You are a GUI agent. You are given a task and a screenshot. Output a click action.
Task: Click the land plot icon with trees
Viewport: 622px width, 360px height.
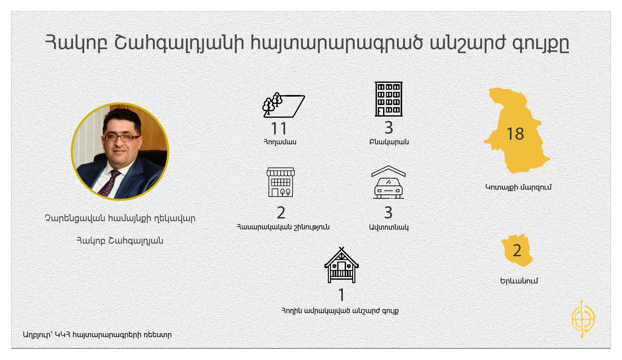[284, 105]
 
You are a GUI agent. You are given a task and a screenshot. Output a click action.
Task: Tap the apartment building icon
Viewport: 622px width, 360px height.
[388, 99]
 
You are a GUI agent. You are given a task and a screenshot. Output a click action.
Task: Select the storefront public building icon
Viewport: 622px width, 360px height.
[281, 182]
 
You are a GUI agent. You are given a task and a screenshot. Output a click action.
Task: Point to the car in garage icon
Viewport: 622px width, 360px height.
[388, 182]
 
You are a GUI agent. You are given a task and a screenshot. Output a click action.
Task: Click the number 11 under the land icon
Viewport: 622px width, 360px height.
[279, 128]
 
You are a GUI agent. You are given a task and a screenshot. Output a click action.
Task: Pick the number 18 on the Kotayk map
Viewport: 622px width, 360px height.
[515, 134]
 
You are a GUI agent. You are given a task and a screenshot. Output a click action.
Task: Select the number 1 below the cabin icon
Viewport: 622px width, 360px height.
[341, 295]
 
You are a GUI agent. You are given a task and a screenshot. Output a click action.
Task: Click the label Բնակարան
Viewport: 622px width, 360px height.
[389, 142]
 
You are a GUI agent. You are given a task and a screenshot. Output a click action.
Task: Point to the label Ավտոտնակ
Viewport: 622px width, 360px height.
[389, 227]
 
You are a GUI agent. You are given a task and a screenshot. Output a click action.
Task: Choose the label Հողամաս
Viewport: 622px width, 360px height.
[280, 142]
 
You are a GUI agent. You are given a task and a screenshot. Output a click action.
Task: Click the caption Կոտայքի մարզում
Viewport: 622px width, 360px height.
[518, 187]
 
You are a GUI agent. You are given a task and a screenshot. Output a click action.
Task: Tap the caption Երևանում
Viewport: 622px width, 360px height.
[519, 281]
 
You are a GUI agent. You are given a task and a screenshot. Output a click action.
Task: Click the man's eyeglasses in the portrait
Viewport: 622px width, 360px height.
[121, 137]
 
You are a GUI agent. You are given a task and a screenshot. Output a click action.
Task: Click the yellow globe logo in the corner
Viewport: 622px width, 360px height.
[583, 319]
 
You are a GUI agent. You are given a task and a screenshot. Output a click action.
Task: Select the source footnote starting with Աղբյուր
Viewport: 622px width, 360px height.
[97, 335]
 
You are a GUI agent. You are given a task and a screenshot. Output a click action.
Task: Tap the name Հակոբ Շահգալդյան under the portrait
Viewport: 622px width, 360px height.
[120, 241]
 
